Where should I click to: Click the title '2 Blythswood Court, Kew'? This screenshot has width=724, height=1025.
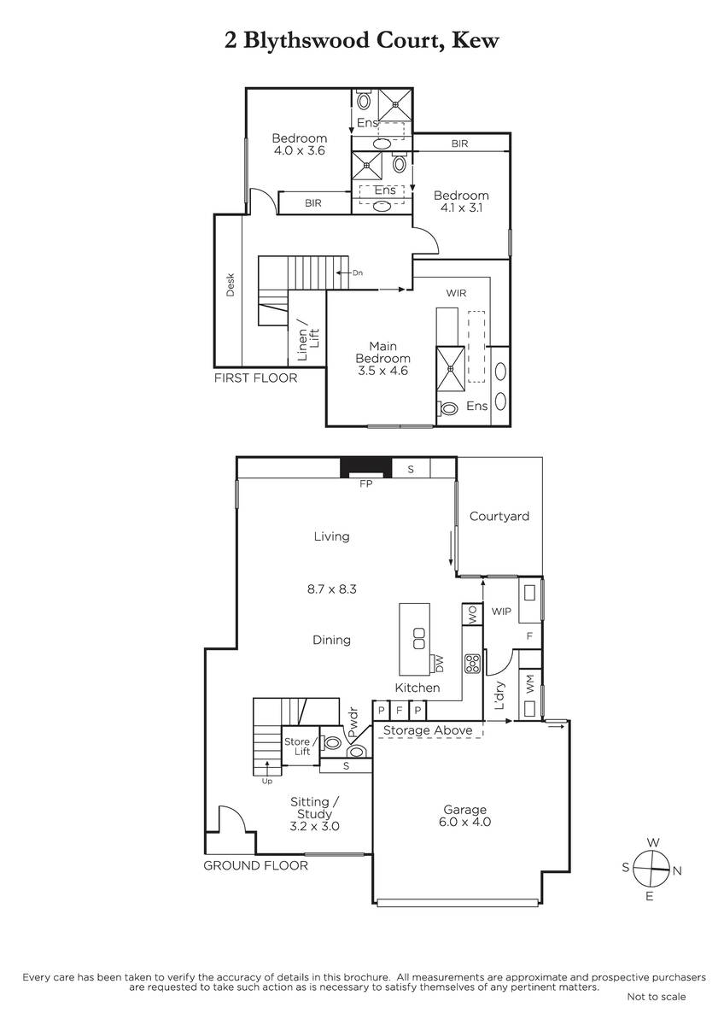(x=361, y=41)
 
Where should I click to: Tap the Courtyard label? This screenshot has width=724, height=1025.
(x=499, y=517)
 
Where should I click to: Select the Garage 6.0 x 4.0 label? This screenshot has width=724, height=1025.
(x=464, y=816)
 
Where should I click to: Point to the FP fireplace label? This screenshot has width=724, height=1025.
(x=366, y=483)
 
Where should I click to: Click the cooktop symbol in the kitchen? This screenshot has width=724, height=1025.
(x=472, y=664)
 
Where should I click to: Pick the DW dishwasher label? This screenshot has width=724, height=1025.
(x=438, y=664)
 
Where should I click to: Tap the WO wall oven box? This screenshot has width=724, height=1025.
(x=472, y=614)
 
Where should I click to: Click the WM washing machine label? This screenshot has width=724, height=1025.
(x=530, y=684)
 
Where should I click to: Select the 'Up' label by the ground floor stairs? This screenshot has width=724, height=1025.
(x=267, y=781)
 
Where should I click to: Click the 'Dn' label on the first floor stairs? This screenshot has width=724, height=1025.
(x=357, y=272)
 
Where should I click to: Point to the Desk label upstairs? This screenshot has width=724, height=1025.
(x=230, y=284)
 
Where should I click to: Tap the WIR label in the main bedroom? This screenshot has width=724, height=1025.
(x=456, y=293)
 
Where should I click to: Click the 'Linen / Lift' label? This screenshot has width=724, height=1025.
(x=308, y=344)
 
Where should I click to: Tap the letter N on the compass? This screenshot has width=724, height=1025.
(x=677, y=870)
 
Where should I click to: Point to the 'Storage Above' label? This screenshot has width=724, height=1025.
(x=428, y=729)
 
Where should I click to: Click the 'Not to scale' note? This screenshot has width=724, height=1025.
(x=657, y=997)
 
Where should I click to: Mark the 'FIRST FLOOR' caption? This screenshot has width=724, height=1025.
(x=255, y=378)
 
